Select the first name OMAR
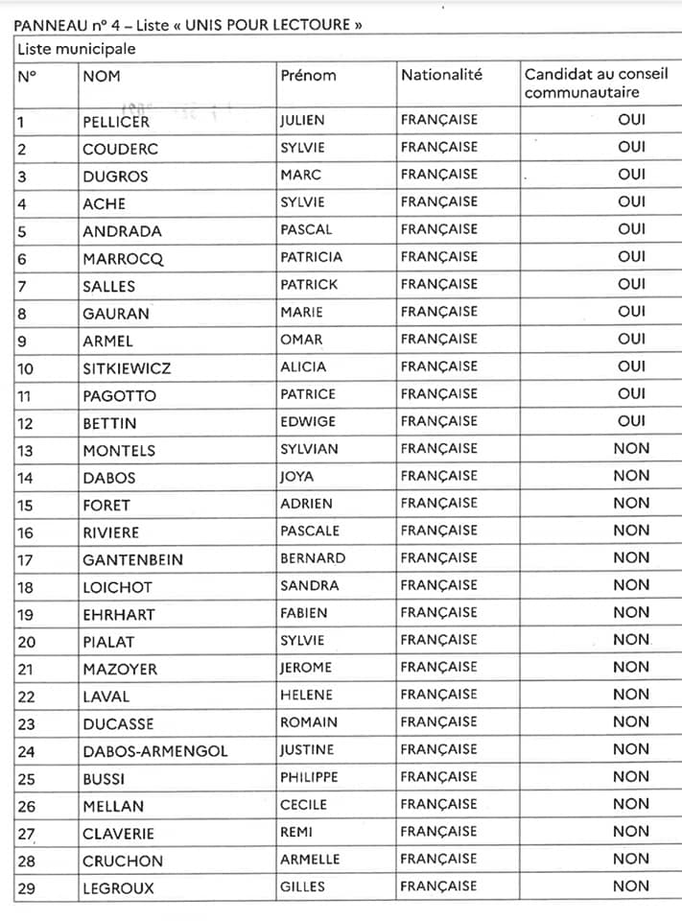(x=301, y=340)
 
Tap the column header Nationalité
(x=441, y=75)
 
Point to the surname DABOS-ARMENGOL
(x=154, y=751)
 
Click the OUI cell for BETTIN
(x=631, y=421)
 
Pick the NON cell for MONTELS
(x=631, y=448)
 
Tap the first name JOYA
(x=296, y=476)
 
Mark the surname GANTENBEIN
(x=132, y=559)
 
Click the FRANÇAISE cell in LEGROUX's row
(x=438, y=886)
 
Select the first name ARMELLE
(x=310, y=860)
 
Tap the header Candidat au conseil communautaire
(x=595, y=83)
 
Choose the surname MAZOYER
(x=119, y=670)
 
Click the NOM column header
(x=102, y=75)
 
